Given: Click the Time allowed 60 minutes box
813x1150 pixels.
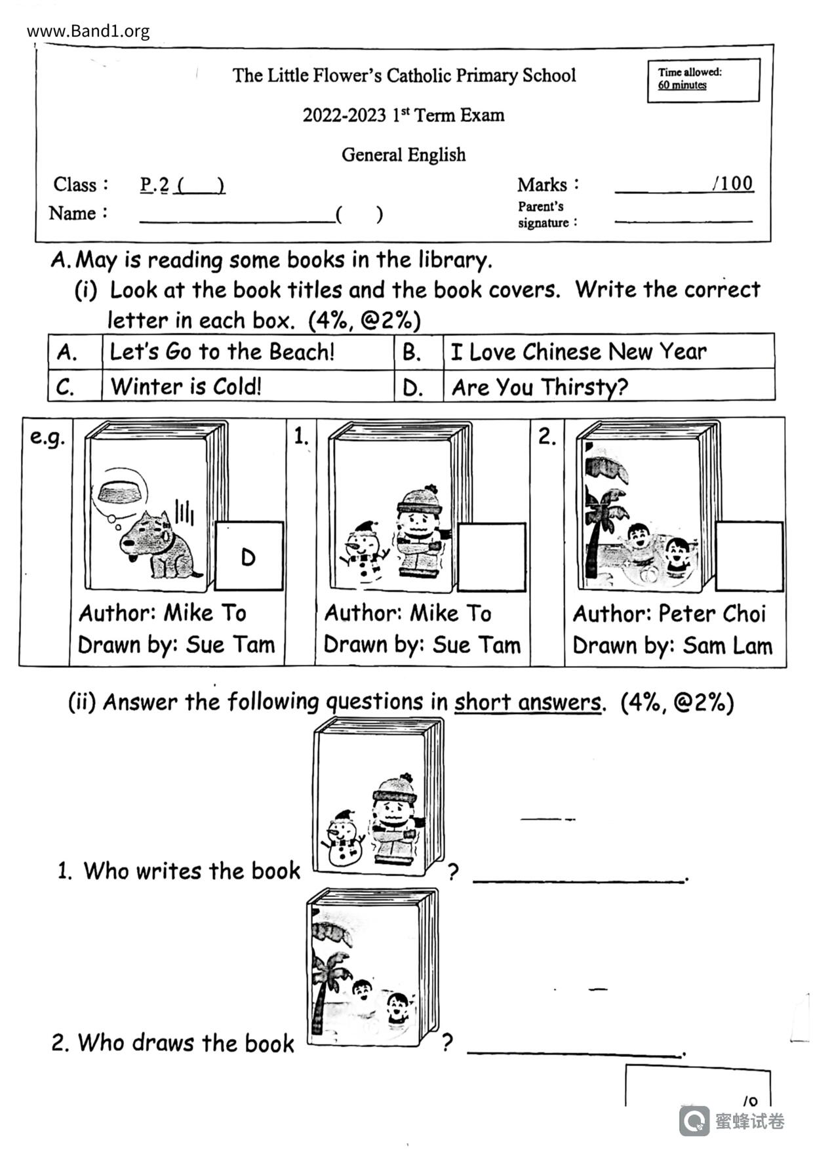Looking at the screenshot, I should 703,80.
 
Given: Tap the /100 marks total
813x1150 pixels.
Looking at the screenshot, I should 733,184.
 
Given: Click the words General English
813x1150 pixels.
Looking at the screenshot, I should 403,155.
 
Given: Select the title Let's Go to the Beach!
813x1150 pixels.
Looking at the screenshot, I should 222,352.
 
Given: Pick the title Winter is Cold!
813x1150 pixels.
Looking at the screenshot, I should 186,386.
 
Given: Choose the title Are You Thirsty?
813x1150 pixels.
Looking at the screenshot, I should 540,387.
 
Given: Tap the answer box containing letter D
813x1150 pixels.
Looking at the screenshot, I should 249,557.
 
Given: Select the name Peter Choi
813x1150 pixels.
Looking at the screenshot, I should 711,614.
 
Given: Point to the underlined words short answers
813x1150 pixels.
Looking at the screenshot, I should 527,703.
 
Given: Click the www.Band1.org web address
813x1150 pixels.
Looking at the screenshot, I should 89,31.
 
